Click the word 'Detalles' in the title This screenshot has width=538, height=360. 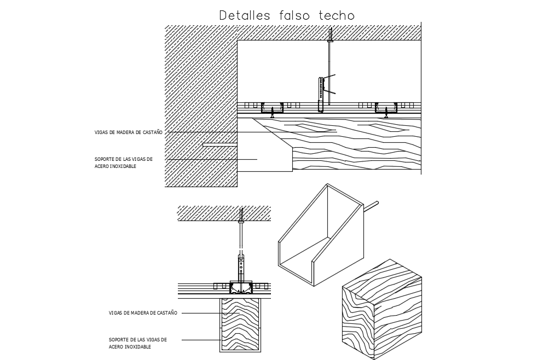pos(244,15)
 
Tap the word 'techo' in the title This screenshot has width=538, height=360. pos(336,15)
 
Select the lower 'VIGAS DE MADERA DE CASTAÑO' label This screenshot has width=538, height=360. pos(143,313)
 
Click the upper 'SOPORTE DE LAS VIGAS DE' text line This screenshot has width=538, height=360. pos(123,159)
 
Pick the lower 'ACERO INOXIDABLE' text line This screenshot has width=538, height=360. pos(130,347)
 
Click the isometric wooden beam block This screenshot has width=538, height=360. pos(382,310)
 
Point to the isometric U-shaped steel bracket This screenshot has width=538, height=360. pos(320,235)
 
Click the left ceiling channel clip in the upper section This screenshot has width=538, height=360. pos(272,109)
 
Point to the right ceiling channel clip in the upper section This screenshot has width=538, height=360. pos(385,109)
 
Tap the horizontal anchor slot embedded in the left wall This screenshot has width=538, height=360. pos(219,144)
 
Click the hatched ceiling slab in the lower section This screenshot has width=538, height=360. pos(224,212)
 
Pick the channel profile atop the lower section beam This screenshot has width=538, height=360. pos(241,287)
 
